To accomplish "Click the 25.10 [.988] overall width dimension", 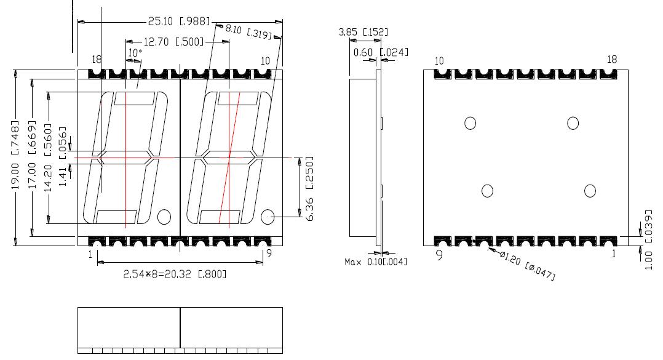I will (x=179, y=21).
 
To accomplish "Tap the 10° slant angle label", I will (x=135, y=54).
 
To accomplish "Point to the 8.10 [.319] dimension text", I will (x=248, y=31).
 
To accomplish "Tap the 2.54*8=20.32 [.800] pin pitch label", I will (x=175, y=274).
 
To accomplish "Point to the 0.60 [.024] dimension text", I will (x=381, y=52).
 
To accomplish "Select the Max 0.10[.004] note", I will (x=375, y=262).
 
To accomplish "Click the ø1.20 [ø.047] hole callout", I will (x=526, y=268).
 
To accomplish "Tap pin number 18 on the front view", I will (x=97, y=60).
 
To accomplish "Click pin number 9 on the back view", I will (x=439, y=254).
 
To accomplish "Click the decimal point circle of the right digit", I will (x=268, y=217).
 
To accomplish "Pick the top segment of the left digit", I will (x=134, y=98).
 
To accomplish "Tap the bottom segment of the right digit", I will (x=220, y=217).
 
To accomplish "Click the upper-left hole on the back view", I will (x=470, y=123).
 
